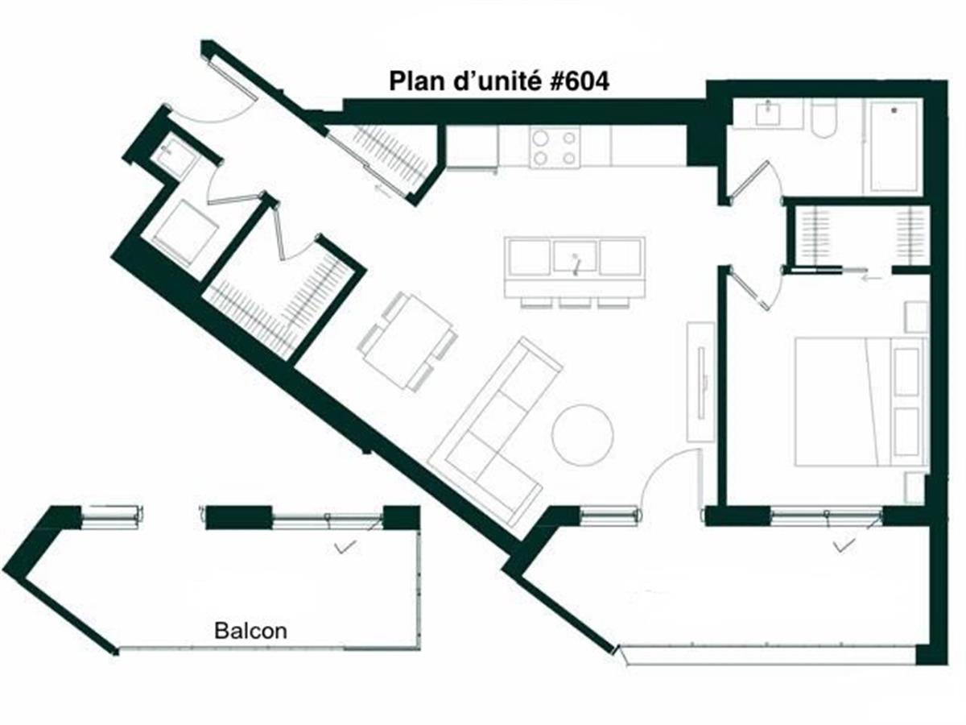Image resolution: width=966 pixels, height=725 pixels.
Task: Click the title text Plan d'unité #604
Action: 499,82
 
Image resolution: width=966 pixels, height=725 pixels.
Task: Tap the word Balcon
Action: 250,631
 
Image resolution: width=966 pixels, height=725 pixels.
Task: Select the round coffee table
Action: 582,434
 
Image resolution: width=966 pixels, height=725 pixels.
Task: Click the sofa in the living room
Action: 496,431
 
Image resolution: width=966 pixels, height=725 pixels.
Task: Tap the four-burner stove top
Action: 555,148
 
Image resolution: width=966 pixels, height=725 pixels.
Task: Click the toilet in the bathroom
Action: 824,118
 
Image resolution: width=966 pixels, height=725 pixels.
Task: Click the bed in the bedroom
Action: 858,401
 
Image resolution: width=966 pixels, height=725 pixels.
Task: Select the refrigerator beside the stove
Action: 472,147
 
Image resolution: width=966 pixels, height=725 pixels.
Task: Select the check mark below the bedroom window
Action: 844,546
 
